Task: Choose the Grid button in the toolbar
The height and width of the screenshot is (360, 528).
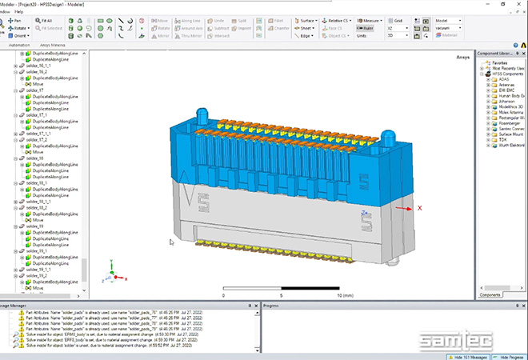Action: pyautogui.click(x=398, y=20)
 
